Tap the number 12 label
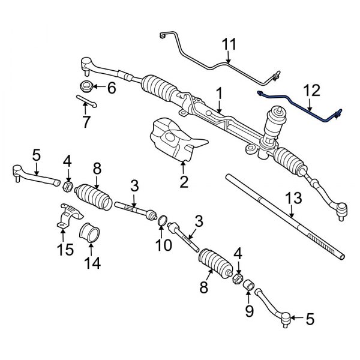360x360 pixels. coord(312,92)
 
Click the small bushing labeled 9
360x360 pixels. coord(248,283)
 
